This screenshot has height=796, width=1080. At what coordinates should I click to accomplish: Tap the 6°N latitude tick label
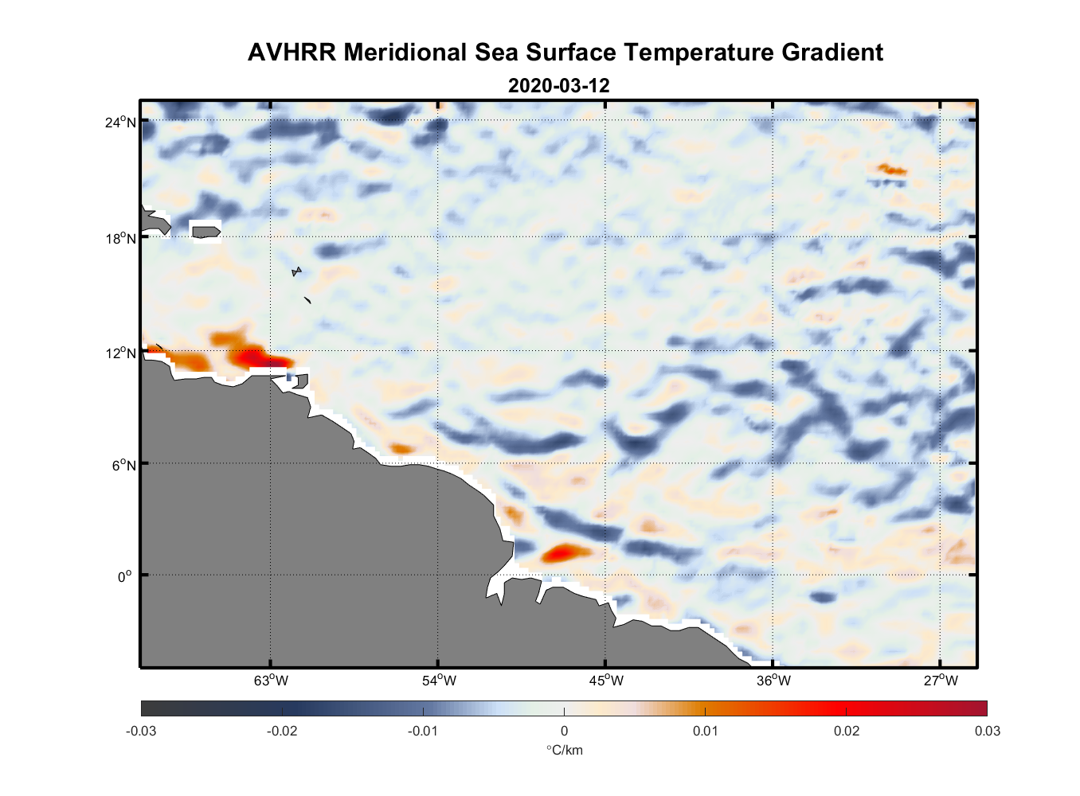123,465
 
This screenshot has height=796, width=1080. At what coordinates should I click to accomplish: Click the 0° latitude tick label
126,576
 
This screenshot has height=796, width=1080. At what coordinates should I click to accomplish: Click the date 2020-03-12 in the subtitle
558,85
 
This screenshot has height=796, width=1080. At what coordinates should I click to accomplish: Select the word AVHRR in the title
292,53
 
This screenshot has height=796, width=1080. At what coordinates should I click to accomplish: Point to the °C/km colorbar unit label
564,750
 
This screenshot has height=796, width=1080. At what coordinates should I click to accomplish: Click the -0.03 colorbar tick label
141,731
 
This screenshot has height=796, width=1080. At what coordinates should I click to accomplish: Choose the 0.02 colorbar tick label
846,731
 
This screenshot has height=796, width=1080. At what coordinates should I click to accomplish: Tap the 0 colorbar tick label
564,731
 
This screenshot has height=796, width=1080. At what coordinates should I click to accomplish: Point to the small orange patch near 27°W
891,169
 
